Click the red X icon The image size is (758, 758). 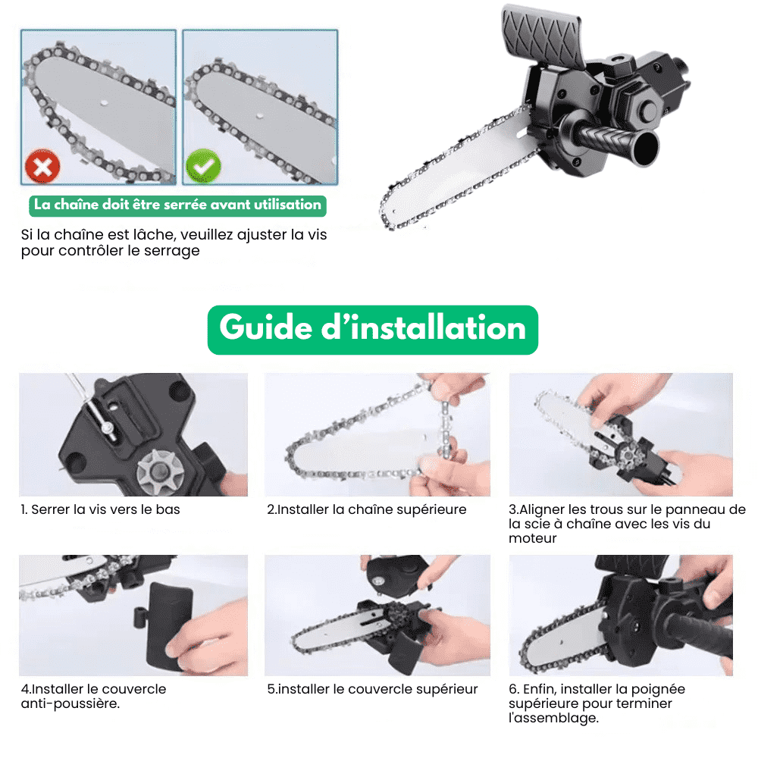[42, 167]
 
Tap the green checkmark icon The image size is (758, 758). [203, 167]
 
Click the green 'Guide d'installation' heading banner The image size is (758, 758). [373, 330]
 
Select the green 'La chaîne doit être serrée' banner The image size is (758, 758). [177, 205]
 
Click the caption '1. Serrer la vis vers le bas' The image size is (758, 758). [101, 509]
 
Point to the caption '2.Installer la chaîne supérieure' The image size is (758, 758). [367, 509]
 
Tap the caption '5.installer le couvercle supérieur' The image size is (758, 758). [372, 689]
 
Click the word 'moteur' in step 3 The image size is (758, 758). [532, 538]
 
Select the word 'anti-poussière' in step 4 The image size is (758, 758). [70, 704]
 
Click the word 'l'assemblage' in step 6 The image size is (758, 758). [553, 719]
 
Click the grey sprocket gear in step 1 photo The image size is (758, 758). [159, 471]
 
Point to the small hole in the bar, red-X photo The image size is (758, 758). [103, 102]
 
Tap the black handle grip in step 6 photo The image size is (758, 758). [696, 633]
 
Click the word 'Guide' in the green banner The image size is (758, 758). [266, 328]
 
